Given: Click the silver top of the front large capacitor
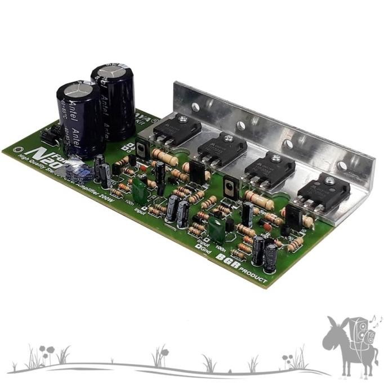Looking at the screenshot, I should click(77, 90).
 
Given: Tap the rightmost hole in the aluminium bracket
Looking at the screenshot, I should click(342, 166).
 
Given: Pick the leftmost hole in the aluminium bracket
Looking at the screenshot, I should click(195, 106).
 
